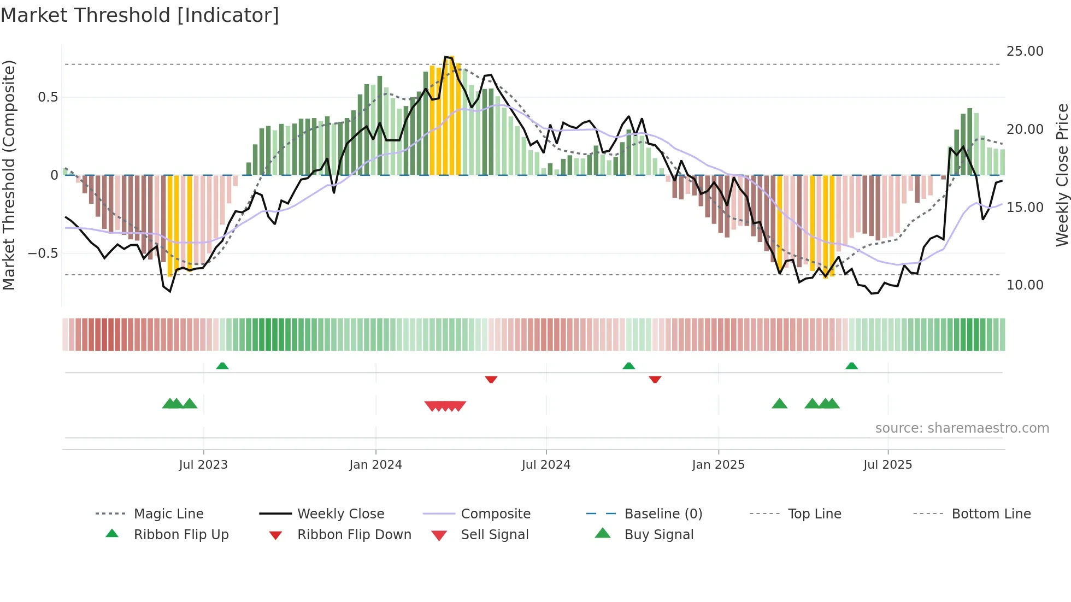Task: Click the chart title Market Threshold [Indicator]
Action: pyautogui.click(x=140, y=15)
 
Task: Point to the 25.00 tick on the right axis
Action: pyautogui.click(x=1025, y=51)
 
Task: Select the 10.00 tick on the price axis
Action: pyautogui.click(x=1025, y=285)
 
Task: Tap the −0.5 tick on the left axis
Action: pyautogui.click(x=43, y=253)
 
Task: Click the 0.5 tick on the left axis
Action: pyautogui.click(x=48, y=97)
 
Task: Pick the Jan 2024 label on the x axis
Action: pyautogui.click(x=375, y=465)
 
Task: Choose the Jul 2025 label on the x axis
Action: pyautogui.click(x=887, y=465)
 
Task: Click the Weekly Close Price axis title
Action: pyautogui.click(x=1062, y=175)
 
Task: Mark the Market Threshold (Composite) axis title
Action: pyautogui.click(x=9, y=175)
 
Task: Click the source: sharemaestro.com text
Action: pyautogui.click(x=962, y=428)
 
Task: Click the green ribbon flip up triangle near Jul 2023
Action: pyautogui.click(x=222, y=366)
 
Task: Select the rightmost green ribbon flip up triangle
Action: pyautogui.click(x=851, y=366)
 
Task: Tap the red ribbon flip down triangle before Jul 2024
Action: pyautogui.click(x=491, y=379)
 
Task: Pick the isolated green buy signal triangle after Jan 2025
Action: pyautogui.click(x=779, y=404)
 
